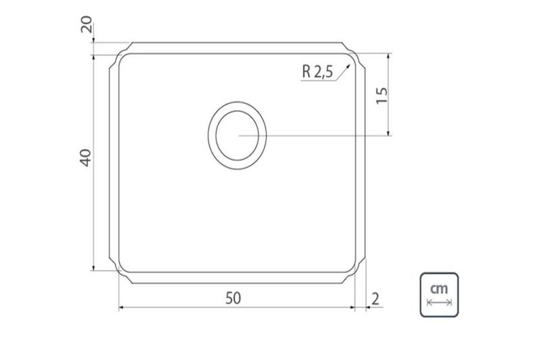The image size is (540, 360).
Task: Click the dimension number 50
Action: (x=233, y=299)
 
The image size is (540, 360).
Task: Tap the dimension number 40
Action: (x=86, y=158)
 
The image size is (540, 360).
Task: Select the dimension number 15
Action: (x=382, y=96)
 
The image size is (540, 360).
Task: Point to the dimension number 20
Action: (x=86, y=24)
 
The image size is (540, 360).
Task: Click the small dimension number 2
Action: (x=375, y=299)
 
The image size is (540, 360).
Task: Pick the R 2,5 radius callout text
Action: (x=317, y=72)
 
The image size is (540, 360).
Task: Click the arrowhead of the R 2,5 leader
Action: (x=348, y=66)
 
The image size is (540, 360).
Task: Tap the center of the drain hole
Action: (x=238, y=135)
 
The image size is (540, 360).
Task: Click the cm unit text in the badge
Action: (x=439, y=288)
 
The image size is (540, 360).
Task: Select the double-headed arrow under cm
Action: (x=439, y=303)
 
